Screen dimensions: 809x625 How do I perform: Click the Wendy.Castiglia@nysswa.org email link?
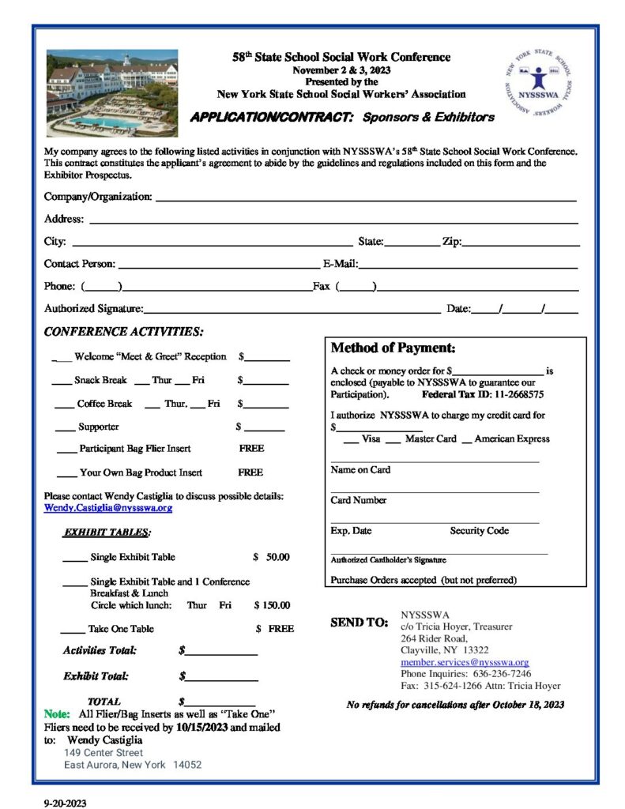pyautogui.click(x=108, y=508)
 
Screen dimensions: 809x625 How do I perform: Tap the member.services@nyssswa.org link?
pyautogui.click(x=465, y=662)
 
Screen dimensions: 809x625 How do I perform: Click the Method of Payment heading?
pyautogui.click(x=393, y=348)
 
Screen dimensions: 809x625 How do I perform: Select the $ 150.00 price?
pyautogui.click(x=272, y=606)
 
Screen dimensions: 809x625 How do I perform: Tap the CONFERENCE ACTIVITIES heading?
pyautogui.click(x=123, y=332)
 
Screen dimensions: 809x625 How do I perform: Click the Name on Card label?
pyautogui.click(x=360, y=470)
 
